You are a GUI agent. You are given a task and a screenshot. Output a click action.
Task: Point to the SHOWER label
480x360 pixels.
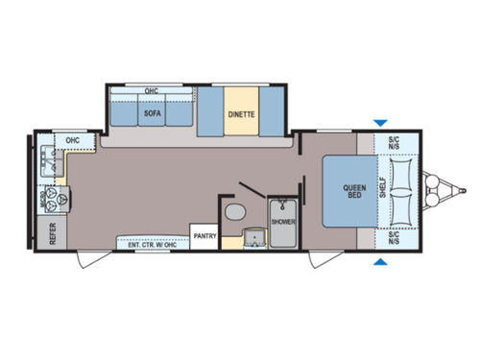(x=283, y=221)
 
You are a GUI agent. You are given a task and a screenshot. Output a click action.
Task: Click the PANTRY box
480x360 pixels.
(x=204, y=235)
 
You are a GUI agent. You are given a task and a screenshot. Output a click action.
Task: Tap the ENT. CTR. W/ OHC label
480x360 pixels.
(x=152, y=244)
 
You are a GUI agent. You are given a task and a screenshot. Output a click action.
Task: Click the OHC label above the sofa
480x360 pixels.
(x=151, y=92)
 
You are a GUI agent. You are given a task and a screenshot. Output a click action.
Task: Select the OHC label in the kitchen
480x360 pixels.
(x=72, y=141)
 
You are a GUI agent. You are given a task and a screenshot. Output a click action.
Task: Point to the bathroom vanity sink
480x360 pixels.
(x=253, y=235)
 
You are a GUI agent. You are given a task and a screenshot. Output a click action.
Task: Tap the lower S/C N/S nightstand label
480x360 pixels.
(x=394, y=237)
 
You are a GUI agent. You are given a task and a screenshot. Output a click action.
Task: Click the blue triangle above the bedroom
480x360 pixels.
(x=381, y=122)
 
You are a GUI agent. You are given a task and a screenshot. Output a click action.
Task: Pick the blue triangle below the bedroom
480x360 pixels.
(x=381, y=261)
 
